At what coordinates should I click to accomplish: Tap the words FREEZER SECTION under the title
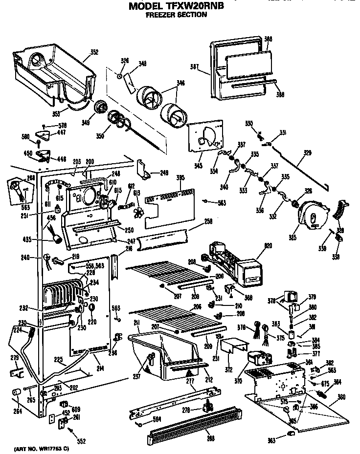[x=176, y=15]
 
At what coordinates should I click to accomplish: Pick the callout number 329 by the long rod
[x=307, y=153]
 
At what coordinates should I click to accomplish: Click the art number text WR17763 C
[x=42, y=448]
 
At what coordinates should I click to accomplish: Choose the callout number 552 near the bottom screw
[x=81, y=442]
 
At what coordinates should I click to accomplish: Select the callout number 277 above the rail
[x=189, y=380]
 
